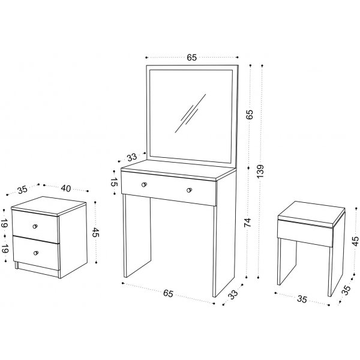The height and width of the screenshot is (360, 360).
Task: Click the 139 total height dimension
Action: pyautogui.click(x=260, y=171)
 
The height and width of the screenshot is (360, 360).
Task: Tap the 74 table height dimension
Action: pyautogui.click(x=248, y=223)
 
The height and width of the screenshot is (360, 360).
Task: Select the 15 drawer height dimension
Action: pyautogui.click(x=114, y=182)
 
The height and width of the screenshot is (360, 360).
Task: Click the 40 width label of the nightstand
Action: pyautogui.click(x=65, y=188)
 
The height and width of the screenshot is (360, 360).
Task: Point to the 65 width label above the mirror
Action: pyautogui.click(x=192, y=58)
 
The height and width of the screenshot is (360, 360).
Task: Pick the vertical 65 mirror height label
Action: pyautogui.click(x=250, y=115)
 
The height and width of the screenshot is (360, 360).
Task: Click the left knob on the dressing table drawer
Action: pyautogui.click(x=144, y=185)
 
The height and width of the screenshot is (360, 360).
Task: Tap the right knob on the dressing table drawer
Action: pyautogui.click(x=189, y=190)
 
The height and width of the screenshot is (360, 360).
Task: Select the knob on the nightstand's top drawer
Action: pyautogui.click(x=35, y=226)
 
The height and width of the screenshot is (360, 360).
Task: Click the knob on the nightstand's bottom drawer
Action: pyautogui.click(x=36, y=253)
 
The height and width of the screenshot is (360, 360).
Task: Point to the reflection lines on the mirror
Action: pyautogui.click(x=190, y=113)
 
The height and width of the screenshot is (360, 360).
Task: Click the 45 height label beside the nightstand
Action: pyautogui.click(x=95, y=233)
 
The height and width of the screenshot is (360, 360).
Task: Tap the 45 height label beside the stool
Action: pyautogui.click(x=355, y=241)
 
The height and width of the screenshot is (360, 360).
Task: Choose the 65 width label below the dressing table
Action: pyautogui.click(x=168, y=293)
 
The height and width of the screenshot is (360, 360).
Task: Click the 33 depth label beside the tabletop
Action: pyautogui.click(x=132, y=157)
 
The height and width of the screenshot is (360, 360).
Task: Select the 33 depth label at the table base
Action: pyautogui.click(x=233, y=295)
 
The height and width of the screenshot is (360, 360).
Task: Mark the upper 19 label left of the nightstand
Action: pyautogui.click(x=4, y=223)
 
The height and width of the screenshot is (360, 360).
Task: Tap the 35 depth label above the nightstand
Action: pyautogui.click(x=23, y=190)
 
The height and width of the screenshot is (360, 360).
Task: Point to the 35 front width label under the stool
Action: pyautogui.click(x=302, y=299)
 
